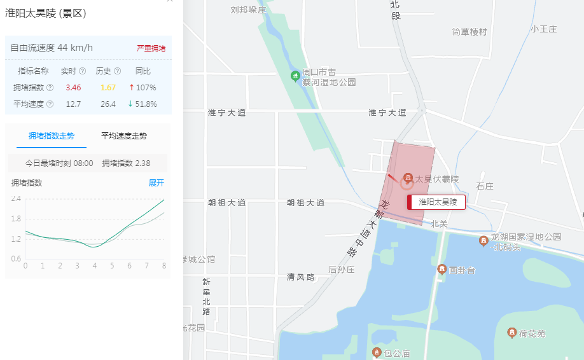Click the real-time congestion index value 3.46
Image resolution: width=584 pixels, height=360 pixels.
[73, 88]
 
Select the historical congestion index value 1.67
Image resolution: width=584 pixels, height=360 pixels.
[108, 88]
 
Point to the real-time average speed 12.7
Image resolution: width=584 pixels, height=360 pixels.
[73, 104]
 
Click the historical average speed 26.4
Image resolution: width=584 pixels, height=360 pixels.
[108, 104]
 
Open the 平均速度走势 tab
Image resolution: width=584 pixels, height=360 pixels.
[125, 136]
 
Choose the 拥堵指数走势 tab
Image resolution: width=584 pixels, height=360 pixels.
[52, 136]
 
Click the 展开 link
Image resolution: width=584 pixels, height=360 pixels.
[156, 183]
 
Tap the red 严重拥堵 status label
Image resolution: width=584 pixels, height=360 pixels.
[151, 48]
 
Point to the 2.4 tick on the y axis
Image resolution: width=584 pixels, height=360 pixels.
[16, 198]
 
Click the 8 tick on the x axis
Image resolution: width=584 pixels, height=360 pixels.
[164, 265]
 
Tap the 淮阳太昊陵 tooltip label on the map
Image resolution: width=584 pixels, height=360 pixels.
[438, 202]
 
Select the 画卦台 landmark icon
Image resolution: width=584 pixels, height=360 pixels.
[441, 270]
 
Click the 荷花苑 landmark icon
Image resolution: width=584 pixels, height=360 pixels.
[511, 333]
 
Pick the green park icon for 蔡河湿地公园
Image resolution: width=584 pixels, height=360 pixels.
[295, 76]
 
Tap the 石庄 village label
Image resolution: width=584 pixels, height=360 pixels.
[485, 187]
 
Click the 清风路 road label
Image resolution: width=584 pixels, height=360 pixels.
[301, 277]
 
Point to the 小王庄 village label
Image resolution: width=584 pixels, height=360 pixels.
[544, 29]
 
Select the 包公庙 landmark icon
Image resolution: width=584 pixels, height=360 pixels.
[377, 352]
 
